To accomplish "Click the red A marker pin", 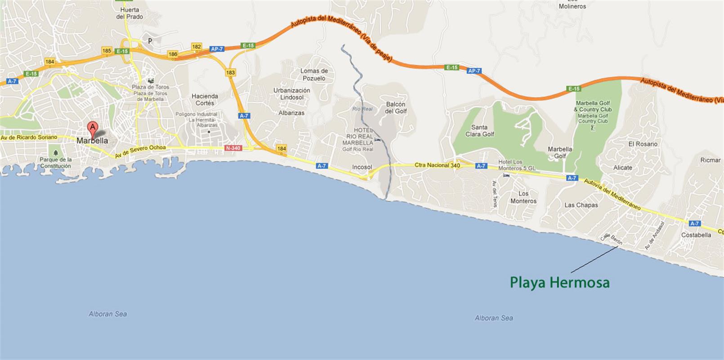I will tap(93, 127).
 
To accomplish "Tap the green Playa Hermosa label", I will tap(559, 283).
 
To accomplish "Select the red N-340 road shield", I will tap(233, 148).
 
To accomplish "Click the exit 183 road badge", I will tap(231, 72).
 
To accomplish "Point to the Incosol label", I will tap(362, 167).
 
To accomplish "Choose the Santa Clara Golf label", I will tap(479, 130).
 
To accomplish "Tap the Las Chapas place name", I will tap(581, 205).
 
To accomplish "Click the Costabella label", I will tap(696, 235).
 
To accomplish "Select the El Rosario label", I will tap(643, 144).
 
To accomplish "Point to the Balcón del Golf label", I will tap(396, 108).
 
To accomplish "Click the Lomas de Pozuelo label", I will tap(314, 74).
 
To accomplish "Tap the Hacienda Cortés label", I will tap(205, 99).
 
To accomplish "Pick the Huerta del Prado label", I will tap(130, 13).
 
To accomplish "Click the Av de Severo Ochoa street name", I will tap(140, 151).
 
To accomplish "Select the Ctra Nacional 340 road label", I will tap(437, 165).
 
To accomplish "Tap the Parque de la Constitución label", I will tap(55, 162).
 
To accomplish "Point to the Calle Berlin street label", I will tap(612, 239).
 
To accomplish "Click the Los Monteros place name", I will tap(523, 197).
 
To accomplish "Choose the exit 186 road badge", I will tap(173, 54).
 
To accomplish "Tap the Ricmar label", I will tap(710, 160).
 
